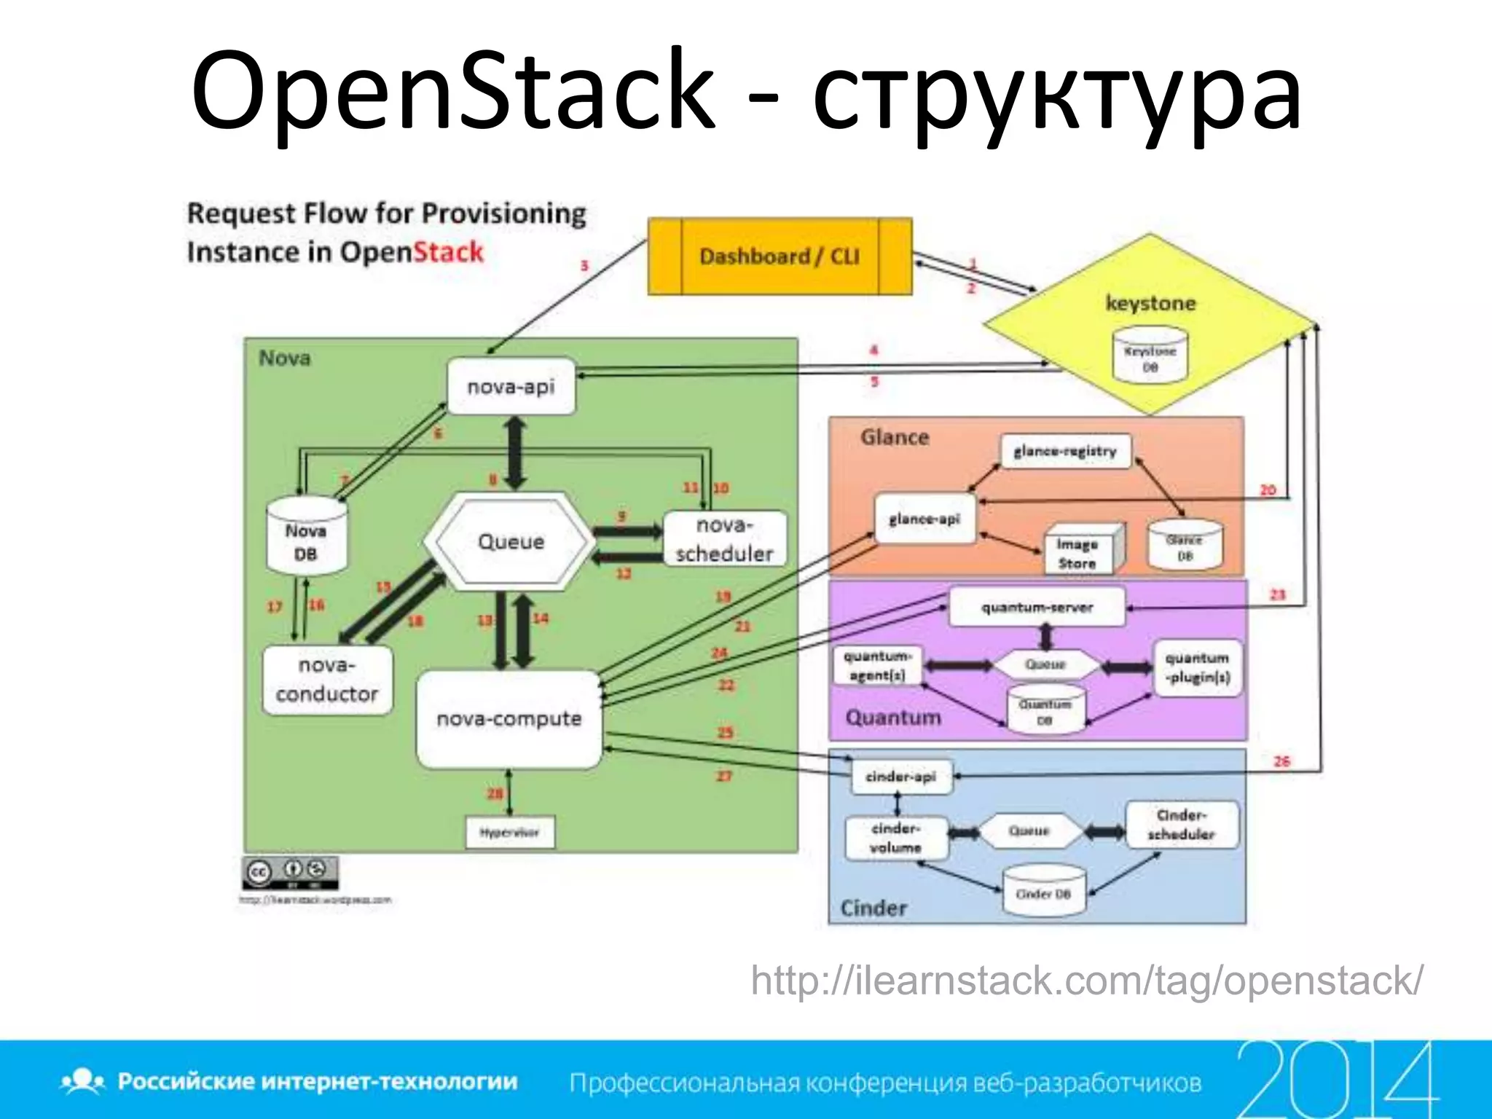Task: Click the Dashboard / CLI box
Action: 780,256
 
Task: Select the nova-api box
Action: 511,387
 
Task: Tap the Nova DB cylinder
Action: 306,539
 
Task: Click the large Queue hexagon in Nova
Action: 510,541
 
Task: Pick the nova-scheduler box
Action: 724,539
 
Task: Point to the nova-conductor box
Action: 327,680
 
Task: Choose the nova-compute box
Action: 509,719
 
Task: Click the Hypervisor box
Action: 510,832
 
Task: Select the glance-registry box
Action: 1065,451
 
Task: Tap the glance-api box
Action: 924,519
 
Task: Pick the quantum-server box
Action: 1037,608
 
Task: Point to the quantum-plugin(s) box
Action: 1197,668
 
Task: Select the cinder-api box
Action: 901,777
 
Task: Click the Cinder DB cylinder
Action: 1043,892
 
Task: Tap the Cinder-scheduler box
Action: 1182,825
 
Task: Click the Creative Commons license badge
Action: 290,872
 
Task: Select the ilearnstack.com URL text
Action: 1086,981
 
